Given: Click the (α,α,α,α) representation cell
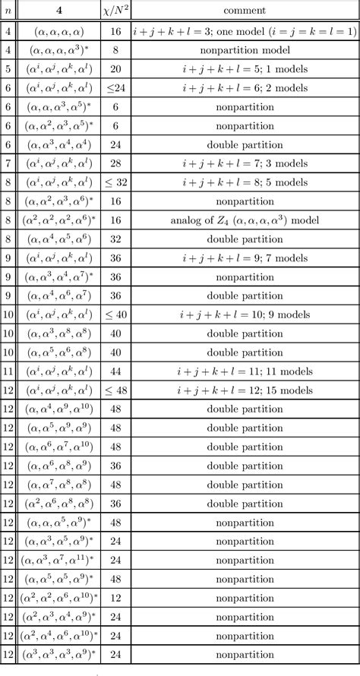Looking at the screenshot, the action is (60, 31).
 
